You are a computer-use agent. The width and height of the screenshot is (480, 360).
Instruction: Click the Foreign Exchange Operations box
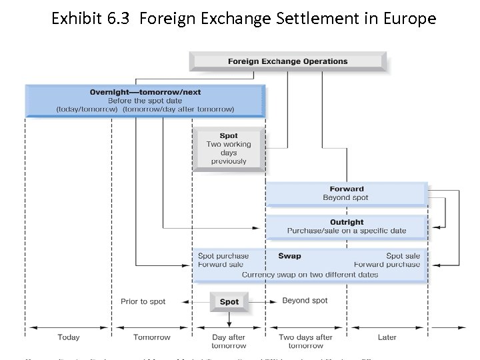coord(287,61)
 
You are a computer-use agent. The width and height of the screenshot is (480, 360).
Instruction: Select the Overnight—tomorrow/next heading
coord(145,92)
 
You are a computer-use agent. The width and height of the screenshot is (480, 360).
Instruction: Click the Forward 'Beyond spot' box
coord(345,194)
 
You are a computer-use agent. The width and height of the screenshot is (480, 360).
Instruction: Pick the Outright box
coord(347,227)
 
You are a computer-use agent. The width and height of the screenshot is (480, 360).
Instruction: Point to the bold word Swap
coord(289,256)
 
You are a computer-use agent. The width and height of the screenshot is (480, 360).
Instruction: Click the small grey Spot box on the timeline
coord(229,302)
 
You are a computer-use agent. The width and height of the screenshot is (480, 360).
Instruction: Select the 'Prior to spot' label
coord(143,302)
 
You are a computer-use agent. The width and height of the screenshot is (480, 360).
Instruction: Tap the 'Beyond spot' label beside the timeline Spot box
coord(305,301)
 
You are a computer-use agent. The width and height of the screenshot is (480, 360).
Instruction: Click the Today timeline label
coord(69,337)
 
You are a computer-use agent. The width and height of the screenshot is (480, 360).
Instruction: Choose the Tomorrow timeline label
coord(151,337)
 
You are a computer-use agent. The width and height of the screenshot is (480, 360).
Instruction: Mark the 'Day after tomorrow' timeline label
coord(229,341)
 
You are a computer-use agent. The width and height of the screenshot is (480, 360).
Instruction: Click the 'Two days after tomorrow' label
coord(305,341)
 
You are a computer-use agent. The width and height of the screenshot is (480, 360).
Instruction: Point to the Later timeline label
coord(387,337)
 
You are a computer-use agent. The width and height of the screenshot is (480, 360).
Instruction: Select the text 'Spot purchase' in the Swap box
coord(223,256)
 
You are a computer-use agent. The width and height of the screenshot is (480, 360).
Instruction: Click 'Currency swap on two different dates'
coord(309,275)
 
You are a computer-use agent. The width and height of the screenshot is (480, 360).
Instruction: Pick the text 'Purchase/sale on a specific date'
coord(347,231)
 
